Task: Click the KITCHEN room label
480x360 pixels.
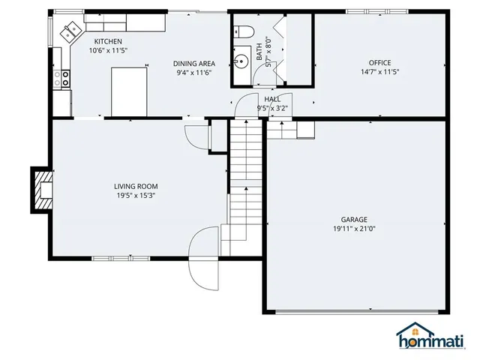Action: (108, 41)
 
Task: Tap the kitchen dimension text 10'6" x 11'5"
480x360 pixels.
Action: (108, 50)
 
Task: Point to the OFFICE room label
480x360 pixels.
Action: (379, 62)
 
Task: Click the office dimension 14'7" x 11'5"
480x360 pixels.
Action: (379, 72)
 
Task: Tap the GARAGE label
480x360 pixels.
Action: (355, 219)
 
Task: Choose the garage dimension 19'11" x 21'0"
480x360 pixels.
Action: (355, 229)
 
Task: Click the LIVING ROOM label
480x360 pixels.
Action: (136, 186)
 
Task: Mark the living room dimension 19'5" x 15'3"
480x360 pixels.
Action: (136, 196)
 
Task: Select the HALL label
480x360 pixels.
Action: (272, 99)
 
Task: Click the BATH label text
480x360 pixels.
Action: (259, 51)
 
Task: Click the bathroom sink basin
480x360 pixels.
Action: (242, 58)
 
